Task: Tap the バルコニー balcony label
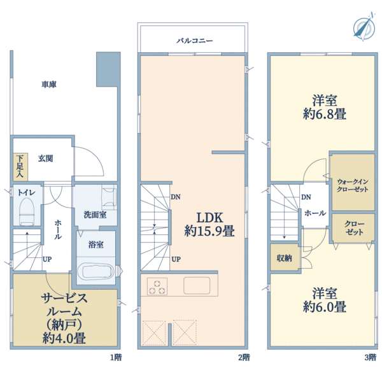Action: click(195, 41)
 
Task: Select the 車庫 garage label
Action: click(49, 84)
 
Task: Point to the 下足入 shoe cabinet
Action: click(19, 166)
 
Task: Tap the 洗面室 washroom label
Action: click(95, 214)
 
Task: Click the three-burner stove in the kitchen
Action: click(157, 286)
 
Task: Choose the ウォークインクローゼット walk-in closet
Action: click(351, 185)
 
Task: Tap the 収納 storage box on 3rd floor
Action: click(284, 258)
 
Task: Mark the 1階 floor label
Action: click(115, 357)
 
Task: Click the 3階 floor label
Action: click(371, 357)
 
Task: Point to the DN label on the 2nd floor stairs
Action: click(174, 197)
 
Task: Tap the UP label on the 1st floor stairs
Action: click(47, 259)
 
